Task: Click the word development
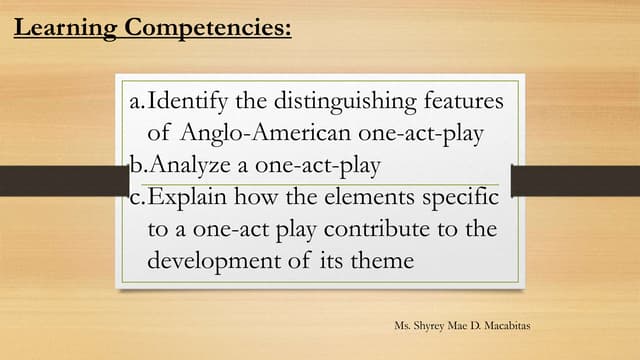[x=214, y=261]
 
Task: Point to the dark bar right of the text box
[x=575, y=181]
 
